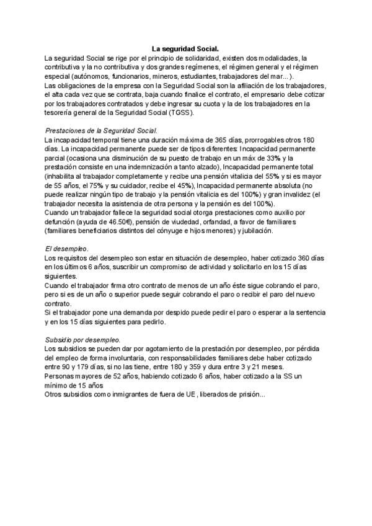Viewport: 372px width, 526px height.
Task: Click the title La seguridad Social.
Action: tap(185, 48)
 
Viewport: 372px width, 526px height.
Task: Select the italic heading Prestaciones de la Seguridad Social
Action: tap(102, 131)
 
